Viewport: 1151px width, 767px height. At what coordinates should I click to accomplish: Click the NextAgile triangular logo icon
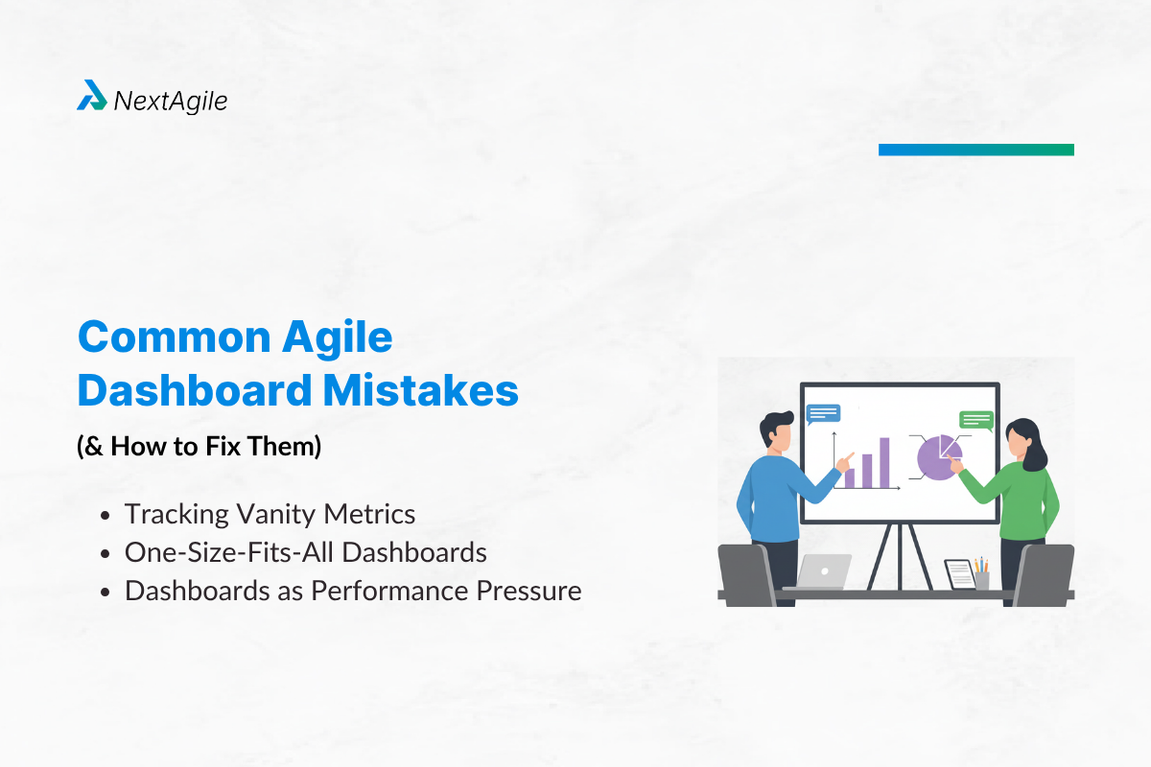point(92,96)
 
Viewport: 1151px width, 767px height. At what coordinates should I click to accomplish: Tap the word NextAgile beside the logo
point(171,100)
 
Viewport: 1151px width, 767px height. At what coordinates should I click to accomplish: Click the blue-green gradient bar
point(975,150)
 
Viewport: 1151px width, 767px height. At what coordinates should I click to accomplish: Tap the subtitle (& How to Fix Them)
point(199,447)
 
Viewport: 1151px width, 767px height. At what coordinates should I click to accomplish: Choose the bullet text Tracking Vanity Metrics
point(270,514)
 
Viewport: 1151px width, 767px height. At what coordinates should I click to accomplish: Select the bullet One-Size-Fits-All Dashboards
point(305,552)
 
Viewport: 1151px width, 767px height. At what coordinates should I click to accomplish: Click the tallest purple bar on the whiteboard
point(884,462)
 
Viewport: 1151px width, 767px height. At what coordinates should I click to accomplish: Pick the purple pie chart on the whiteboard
point(937,458)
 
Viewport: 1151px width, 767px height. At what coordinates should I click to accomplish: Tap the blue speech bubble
point(823,413)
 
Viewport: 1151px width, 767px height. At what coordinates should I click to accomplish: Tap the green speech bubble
point(975,420)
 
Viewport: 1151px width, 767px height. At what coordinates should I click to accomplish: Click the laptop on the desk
point(823,571)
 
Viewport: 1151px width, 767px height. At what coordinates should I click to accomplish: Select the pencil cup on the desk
point(981,576)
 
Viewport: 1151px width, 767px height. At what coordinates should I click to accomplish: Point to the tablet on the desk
point(959,573)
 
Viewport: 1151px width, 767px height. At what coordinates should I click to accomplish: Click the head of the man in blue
point(777,431)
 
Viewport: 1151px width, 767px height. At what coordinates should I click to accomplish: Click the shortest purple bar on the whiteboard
point(849,476)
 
